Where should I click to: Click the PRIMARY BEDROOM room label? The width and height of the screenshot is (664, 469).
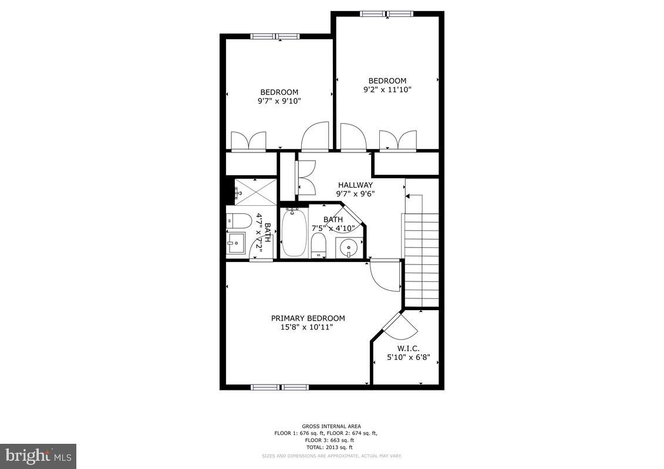click(x=308, y=318)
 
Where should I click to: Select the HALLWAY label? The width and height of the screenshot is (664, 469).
click(x=355, y=185)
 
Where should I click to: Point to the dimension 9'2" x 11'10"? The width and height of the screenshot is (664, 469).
click(x=387, y=90)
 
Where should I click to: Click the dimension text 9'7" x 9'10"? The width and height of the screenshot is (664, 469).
click(x=279, y=101)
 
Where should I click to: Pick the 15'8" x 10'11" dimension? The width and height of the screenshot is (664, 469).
click(x=307, y=327)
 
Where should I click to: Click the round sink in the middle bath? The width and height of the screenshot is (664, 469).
click(x=349, y=247)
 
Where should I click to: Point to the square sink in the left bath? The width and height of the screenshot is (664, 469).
click(x=238, y=242)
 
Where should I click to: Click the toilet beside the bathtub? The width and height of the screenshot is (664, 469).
click(x=318, y=245)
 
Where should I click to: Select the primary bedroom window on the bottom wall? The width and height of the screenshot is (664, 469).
click(x=279, y=387)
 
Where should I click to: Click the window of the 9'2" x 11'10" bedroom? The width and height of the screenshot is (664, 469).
click(x=386, y=13)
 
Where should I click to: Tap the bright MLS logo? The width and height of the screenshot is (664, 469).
click(x=38, y=456)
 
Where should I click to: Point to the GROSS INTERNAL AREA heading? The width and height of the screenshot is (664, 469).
click(x=331, y=426)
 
